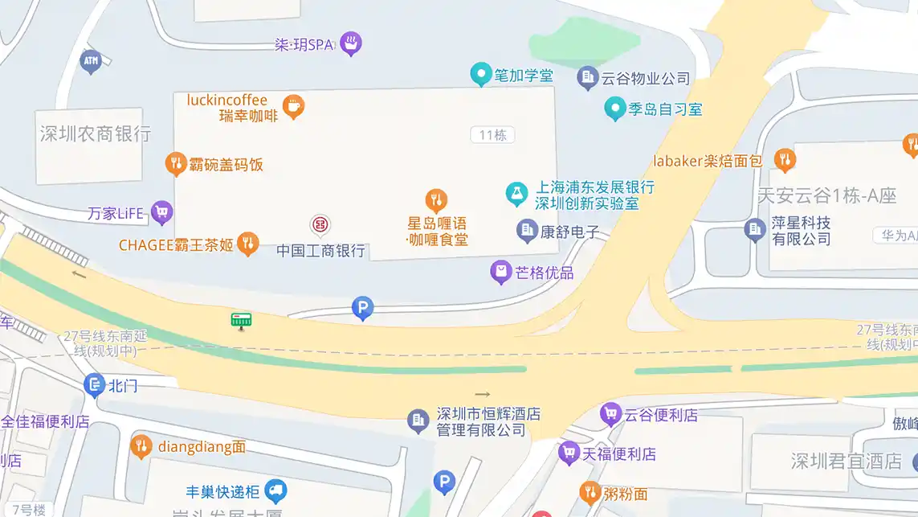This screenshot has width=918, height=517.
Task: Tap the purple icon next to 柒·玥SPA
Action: click(x=350, y=43)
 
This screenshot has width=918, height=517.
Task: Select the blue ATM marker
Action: click(x=91, y=60)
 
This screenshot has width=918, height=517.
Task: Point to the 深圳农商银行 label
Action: click(x=96, y=133)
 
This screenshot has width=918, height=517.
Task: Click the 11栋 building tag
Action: click(x=492, y=135)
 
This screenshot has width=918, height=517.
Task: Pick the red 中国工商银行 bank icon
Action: click(x=320, y=225)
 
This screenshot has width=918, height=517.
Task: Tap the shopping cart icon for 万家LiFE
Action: click(x=162, y=212)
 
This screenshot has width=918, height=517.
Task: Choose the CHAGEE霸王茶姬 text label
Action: click(x=176, y=245)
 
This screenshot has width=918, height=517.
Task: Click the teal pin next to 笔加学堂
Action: click(x=480, y=75)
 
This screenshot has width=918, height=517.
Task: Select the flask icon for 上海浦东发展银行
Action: click(x=516, y=193)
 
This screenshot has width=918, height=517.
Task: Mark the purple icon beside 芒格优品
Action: click(x=501, y=272)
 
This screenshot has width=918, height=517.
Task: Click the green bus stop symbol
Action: click(x=241, y=320)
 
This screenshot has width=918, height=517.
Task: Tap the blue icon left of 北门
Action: click(x=94, y=385)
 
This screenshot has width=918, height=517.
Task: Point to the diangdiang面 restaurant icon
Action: click(x=141, y=445)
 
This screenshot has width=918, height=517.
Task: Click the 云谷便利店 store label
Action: click(x=661, y=415)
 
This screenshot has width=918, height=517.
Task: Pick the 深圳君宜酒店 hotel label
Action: click(x=847, y=462)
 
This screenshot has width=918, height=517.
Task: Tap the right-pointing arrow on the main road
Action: click(x=482, y=394)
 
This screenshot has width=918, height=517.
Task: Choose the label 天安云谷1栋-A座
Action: click(x=827, y=195)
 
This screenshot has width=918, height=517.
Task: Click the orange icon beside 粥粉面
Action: click(x=590, y=492)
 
